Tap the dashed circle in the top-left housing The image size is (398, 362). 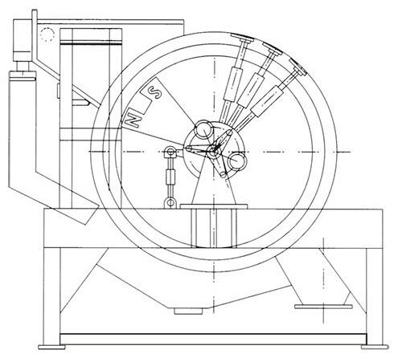tap(47, 35)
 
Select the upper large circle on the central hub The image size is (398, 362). tap(203, 129)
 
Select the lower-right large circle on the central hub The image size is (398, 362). tap(237, 161)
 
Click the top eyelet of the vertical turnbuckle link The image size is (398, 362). tap(170, 153)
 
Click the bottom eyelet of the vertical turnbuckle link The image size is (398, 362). tap(170, 202)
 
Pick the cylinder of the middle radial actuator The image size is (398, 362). tap(248, 91)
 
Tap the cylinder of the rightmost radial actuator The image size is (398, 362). tap(267, 101)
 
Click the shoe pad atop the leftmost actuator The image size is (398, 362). tap(242, 39)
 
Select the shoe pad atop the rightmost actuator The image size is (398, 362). tap(297, 66)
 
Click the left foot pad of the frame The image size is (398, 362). tap(51, 347)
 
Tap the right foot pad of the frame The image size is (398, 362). tap(375, 347)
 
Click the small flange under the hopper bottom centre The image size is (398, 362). tap(188, 311)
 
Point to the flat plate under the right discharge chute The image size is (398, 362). tap(323, 307)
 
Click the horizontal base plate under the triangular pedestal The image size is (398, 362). tap(214, 206)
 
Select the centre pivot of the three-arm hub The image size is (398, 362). tap(214, 152)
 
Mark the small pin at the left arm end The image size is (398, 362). tap(188, 148)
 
